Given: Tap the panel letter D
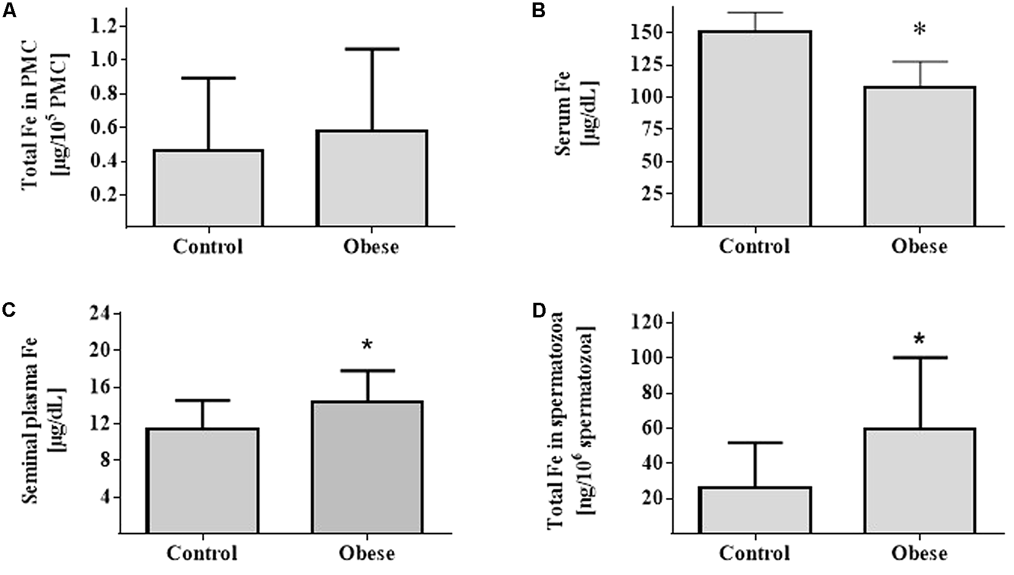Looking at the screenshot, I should point(539,310).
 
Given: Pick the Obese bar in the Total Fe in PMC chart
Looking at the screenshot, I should point(372,178).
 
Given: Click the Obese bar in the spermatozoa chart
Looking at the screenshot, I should point(919,481).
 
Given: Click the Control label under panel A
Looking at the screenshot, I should point(208,247).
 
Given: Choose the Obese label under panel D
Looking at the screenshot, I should point(919,553).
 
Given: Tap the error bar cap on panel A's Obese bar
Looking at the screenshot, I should point(372,49).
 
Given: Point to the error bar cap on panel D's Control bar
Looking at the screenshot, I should point(755,442).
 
